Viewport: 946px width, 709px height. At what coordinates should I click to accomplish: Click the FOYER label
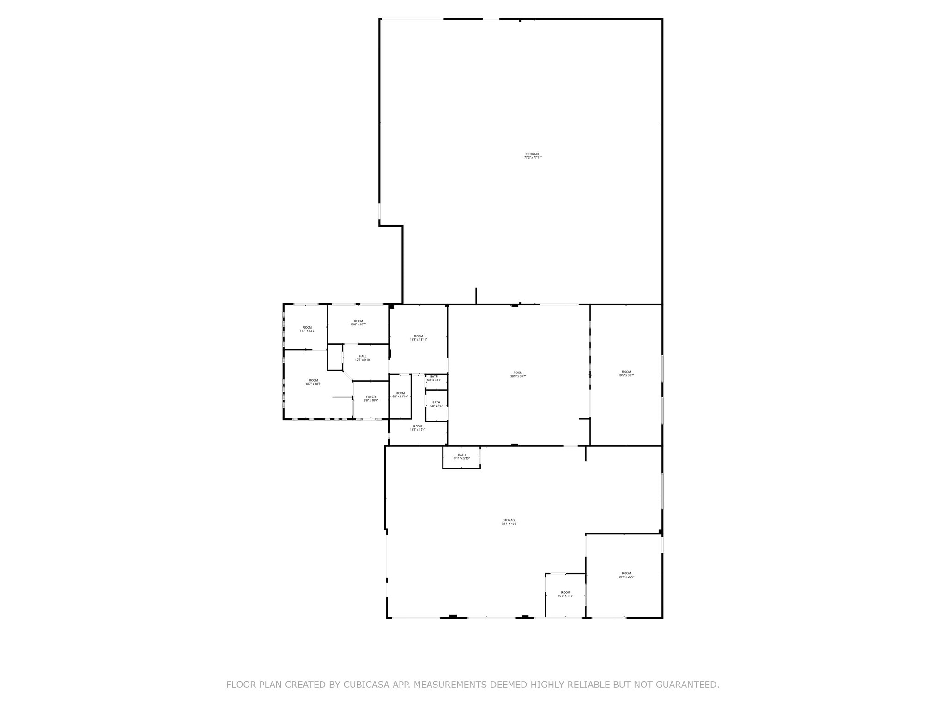tap(371, 398)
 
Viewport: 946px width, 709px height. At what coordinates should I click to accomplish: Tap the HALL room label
tap(363, 358)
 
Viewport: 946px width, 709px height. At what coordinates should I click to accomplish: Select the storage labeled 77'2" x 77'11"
tap(533, 156)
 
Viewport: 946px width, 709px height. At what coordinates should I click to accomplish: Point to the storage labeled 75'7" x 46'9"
tap(509, 522)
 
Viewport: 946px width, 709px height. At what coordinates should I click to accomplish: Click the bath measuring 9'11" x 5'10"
tap(461, 457)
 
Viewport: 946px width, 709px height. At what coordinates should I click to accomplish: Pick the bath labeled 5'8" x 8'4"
tap(436, 404)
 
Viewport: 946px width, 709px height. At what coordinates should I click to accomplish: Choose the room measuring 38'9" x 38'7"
tap(518, 374)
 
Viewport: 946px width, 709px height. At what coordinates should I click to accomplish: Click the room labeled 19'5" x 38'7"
tap(626, 373)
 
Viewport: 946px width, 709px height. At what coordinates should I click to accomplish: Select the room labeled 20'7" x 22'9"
tap(626, 575)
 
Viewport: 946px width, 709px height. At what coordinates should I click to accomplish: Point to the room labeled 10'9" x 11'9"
tap(565, 594)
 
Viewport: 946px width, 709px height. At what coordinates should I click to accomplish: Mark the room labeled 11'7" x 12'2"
tap(307, 329)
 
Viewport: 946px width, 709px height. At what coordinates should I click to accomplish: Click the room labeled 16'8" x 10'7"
tap(358, 323)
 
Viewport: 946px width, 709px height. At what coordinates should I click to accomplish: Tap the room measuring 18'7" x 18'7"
tap(313, 382)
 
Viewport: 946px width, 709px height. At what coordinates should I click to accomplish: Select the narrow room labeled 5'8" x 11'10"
tap(400, 395)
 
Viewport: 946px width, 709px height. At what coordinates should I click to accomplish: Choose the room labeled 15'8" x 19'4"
tap(418, 428)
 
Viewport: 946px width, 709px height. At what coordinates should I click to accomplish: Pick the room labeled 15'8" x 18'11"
tap(418, 338)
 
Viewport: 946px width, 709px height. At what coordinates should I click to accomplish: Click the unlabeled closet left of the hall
tap(334, 357)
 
